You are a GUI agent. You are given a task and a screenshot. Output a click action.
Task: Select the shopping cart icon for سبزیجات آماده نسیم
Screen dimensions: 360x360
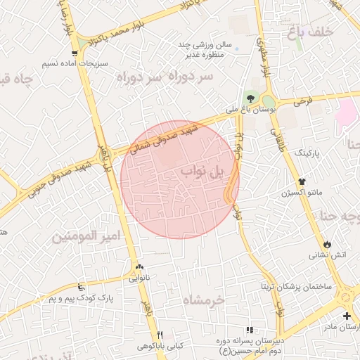click(74, 53)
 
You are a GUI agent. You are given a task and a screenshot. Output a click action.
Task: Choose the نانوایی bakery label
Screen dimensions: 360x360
click(139, 278)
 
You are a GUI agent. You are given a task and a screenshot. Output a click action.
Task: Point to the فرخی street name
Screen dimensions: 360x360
click(302, 101)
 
